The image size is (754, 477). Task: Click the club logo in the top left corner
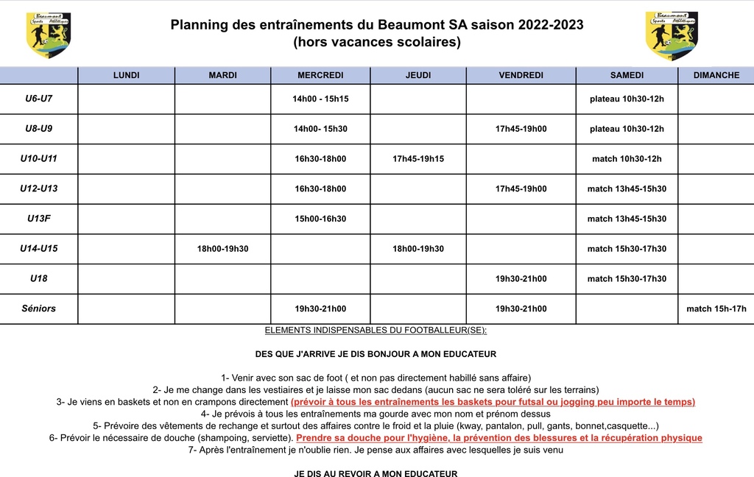[49, 35]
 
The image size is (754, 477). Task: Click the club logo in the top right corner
[671, 35]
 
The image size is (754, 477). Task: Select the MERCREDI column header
[320, 75]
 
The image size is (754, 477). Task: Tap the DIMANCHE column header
[716, 75]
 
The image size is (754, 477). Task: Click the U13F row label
[38, 219]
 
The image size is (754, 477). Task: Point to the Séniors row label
[38, 308]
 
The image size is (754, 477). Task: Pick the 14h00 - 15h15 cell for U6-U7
[320, 99]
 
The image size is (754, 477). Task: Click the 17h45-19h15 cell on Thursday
[418, 159]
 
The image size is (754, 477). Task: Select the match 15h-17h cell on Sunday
[716, 309]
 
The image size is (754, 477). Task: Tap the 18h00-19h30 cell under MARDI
[222, 249]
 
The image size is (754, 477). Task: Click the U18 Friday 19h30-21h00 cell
[521, 279]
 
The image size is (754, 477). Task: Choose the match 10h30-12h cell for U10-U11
[627, 159]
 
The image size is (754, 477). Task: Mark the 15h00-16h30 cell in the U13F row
[320, 219]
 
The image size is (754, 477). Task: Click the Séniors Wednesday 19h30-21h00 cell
[320, 309]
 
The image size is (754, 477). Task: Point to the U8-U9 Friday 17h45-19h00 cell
[521, 129]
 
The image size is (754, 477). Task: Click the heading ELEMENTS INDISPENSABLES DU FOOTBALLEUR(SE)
[376, 331]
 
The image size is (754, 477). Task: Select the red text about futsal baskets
[493, 402]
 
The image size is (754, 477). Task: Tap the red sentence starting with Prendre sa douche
[498, 438]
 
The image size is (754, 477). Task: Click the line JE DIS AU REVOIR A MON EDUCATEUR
[376, 473]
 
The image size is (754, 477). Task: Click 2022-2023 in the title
[551, 25]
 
